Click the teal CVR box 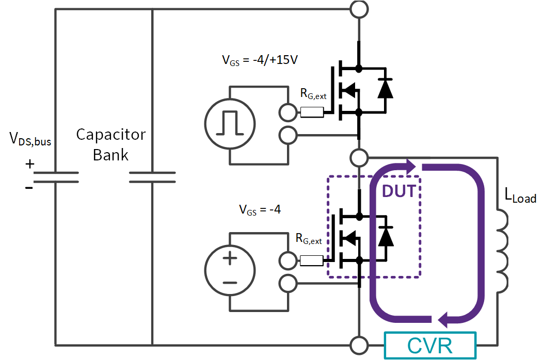tap(429, 345)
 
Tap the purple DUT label tap(399, 191)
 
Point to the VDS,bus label tap(30, 139)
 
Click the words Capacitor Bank tap(110, 144)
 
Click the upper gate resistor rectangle tap(312, 112)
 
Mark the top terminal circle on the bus tap(359, 9)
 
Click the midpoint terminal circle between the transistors tap(359, 156)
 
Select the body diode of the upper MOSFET tap(385, 89)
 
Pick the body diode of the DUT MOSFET tap(385, 237)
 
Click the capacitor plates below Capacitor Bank tap(152, 176)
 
